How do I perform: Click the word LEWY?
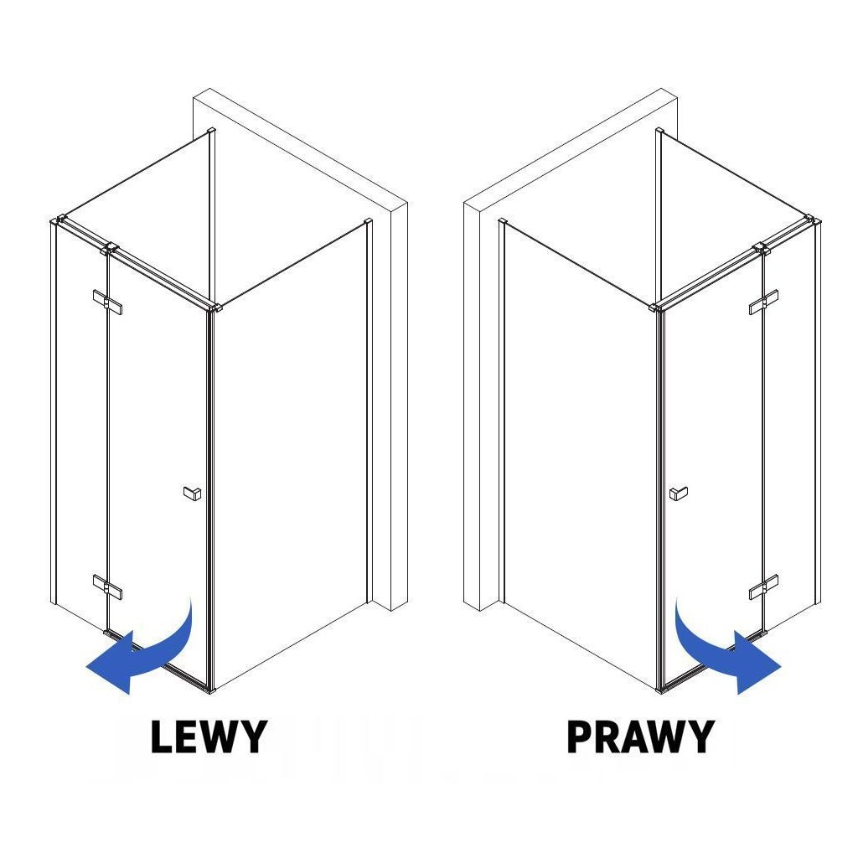click(x=209, y=737)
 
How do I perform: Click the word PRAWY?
click(x=640, y=737)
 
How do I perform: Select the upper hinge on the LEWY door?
click(x=108, y=302)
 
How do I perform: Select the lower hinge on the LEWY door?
click(x=108, y=587)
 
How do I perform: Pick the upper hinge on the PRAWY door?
click(x=763, y=302)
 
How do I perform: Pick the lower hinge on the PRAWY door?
click(x=763, y=587)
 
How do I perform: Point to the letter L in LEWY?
click(x=163, y=737)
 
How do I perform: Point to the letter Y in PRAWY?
click(x=698, y=737)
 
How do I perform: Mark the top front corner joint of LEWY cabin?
click(x=216, y=308)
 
